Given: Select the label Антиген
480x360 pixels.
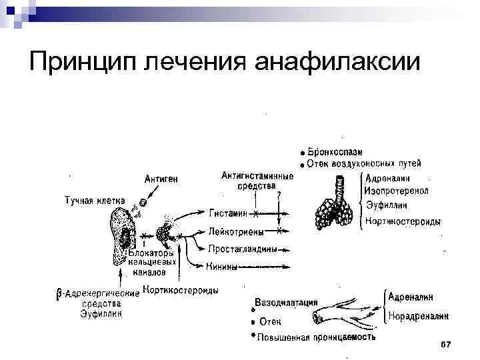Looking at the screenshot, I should [x=162, y=179].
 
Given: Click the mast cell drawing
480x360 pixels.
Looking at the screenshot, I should [x=125, y=230].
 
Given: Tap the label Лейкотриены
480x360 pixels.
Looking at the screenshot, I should [x=235, y=232].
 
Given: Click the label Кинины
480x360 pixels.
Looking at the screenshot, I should [x=223, y=267].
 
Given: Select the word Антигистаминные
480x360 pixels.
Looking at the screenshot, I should [x=257, y=176].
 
